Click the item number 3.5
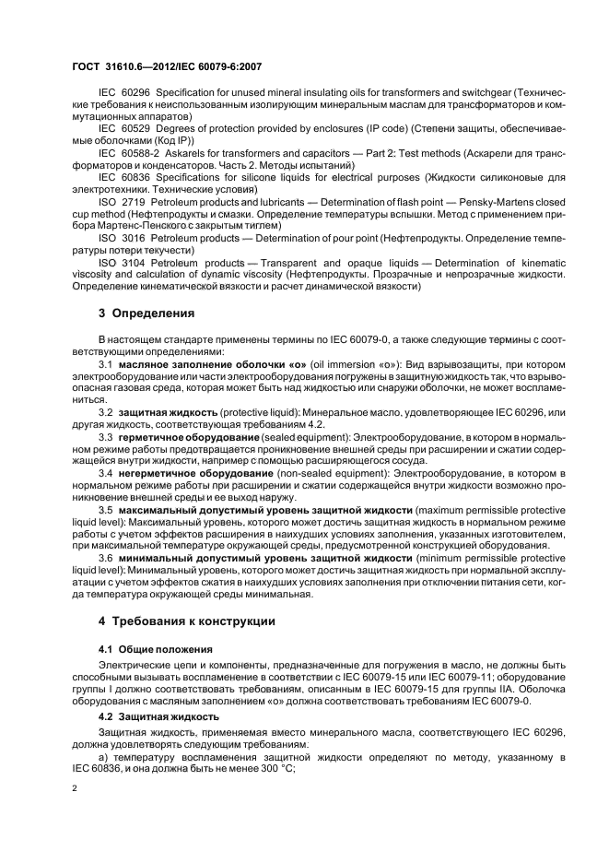pyautogui.click(x=106, y=510)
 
